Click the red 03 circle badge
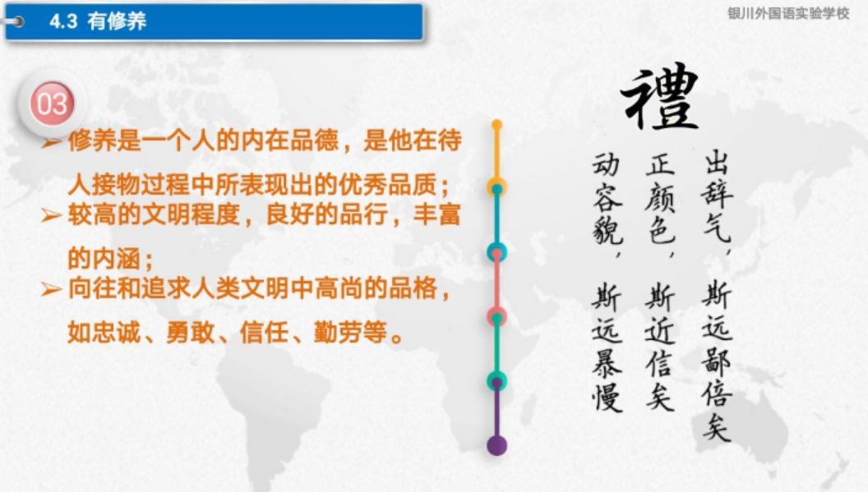click(x=52, y=103)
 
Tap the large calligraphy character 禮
click(x=660, y=97)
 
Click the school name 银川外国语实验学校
click(x=788, y=14)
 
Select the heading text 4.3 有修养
click(x=98, y=21)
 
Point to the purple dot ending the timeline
click(x=496, y=445)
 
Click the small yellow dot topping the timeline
click(x=496, y=125)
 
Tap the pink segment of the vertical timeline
click(x=496, y=284)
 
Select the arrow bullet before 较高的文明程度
click(x=52, y=214)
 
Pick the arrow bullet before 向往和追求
click(x=52, y=289)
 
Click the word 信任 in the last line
click(x=264, y=333)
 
